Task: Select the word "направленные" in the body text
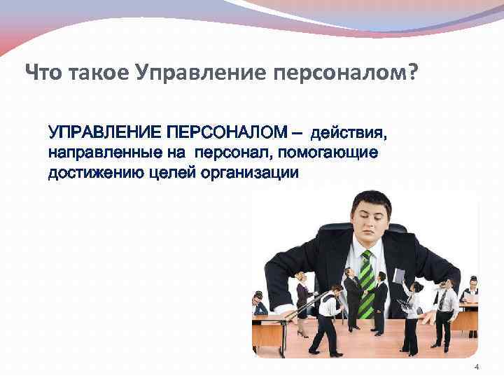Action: (95, 153)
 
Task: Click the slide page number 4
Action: (477, 369)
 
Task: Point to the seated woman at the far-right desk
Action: (471, 295)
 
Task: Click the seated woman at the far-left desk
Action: (260, 304)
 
